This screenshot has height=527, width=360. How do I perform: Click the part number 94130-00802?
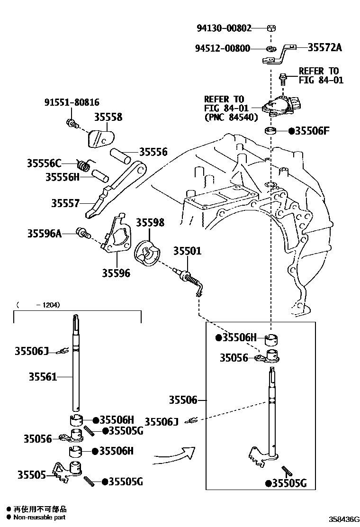(x=224, y=28)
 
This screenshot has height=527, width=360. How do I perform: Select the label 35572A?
(x=324, y=47)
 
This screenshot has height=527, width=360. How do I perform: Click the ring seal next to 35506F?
(x=270, y=130)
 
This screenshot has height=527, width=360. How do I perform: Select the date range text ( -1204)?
(x=38, y=305)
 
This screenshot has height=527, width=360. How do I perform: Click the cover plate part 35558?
(x=100, y=138)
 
